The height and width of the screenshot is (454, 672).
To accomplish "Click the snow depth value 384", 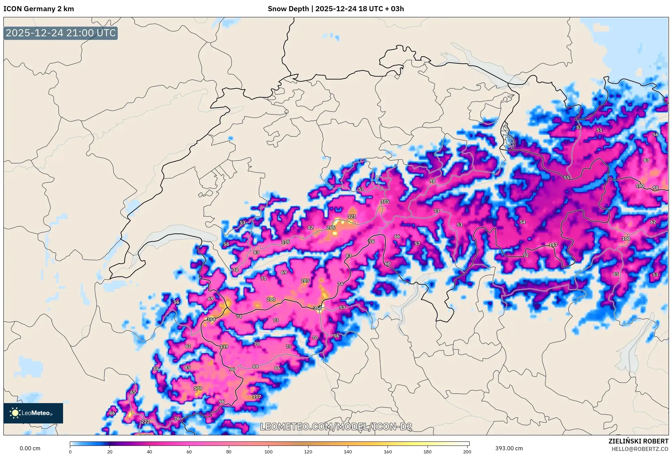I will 211,319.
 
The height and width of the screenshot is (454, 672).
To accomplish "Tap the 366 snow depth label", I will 317,308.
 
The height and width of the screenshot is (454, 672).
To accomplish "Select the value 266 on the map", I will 331,228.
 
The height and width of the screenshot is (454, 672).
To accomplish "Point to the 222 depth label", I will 145,422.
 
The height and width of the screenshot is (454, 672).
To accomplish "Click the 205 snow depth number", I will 305,281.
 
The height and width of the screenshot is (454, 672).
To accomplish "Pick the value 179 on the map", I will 198,389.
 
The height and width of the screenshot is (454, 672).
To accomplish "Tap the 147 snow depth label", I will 553,245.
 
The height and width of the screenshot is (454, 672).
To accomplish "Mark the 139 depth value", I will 224,347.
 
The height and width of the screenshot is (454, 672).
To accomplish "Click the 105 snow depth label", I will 385,202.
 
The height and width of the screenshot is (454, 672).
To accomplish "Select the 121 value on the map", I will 352,216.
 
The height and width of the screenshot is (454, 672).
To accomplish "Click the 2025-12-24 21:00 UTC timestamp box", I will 61,33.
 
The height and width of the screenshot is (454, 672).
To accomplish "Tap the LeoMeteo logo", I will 33,413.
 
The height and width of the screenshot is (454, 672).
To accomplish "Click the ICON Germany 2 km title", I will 39,9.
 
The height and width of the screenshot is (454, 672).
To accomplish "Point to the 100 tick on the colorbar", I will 269,452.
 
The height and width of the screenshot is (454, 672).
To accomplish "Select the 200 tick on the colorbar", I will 467,452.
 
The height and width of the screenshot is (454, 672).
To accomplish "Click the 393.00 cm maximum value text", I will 509,449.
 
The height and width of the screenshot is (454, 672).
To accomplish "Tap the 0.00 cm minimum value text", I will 30,449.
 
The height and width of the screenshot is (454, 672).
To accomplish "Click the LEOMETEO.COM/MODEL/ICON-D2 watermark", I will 336,427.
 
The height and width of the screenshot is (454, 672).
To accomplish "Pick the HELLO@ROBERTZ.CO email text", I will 639,449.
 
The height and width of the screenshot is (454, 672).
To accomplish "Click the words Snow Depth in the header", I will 288,9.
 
